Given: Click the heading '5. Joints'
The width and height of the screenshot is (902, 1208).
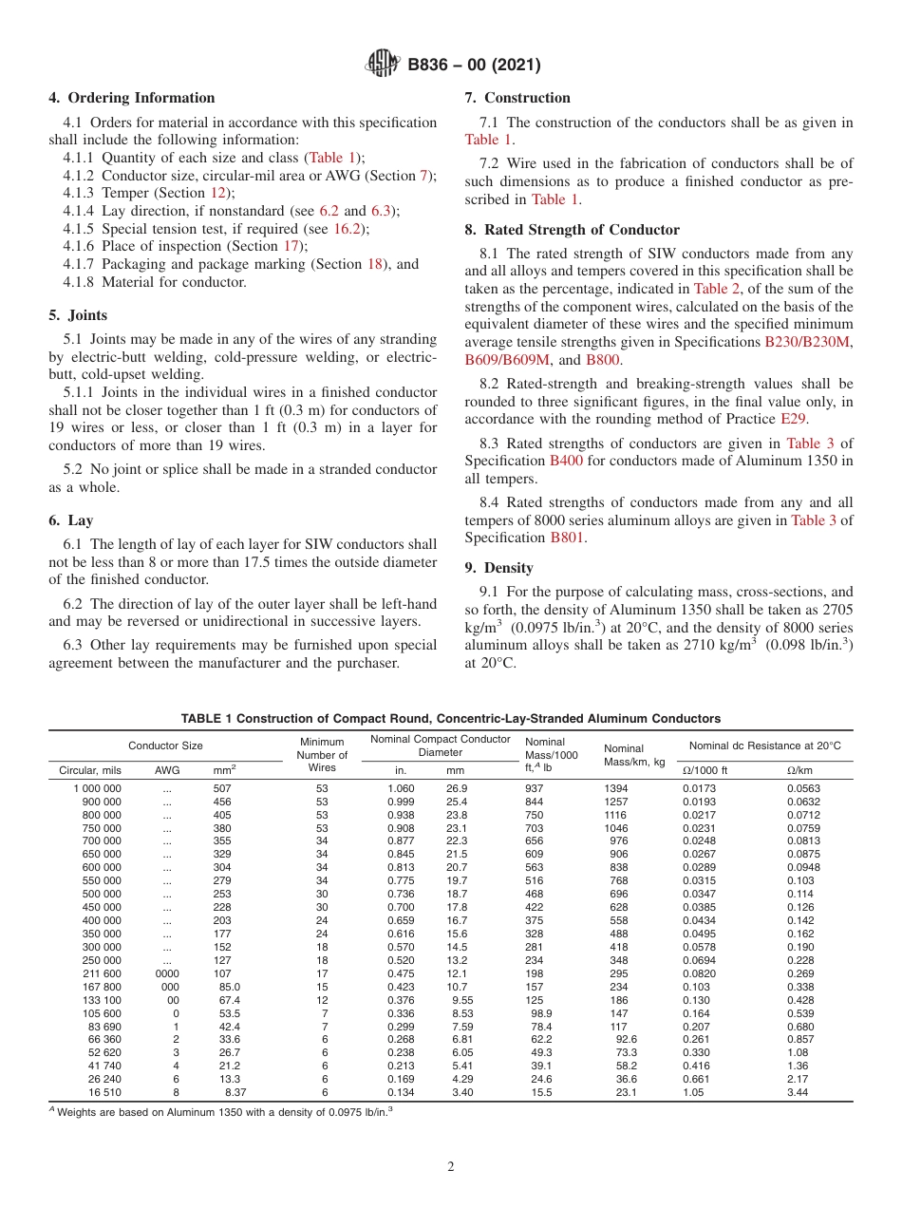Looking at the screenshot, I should [x=78, y=315].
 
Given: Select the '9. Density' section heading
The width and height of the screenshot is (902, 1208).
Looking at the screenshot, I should [x=498, y=568].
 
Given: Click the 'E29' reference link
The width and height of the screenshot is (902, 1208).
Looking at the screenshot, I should [x=793, y=418].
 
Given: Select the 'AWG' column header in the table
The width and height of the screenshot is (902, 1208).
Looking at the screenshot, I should [x=167, y=770].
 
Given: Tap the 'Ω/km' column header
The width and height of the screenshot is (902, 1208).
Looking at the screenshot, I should [x=799, y=770].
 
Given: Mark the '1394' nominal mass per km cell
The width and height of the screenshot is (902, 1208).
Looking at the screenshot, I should [x=616, y=788].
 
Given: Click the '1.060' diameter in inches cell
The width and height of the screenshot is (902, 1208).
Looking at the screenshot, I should [x=401, y=788].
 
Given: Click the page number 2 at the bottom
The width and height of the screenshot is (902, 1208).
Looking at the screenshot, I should [x=451, y=1167].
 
